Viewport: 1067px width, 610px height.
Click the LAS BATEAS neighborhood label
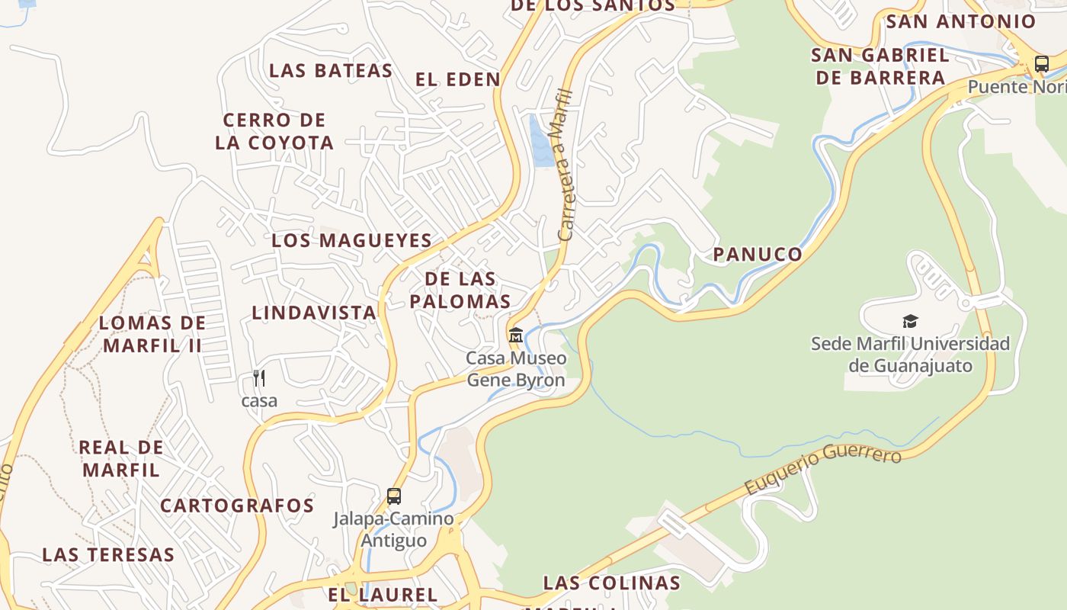[x=331, y=71]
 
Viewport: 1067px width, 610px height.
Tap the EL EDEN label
[x=458, y=79]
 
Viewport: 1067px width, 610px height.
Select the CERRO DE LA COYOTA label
[x=274, y=131]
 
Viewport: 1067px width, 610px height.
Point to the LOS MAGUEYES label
[x=352, y=240]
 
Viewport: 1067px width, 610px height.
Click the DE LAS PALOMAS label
[x=460, y=290]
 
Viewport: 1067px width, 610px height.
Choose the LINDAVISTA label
[x=314, y=312]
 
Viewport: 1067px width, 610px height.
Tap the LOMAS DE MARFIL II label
[x=152, y=334]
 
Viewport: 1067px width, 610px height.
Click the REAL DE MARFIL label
[x=121, y=458]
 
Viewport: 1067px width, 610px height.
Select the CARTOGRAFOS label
[x=237, y=506]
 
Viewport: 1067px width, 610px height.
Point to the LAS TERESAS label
[x=108, y=554]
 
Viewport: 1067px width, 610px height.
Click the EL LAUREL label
[x=383, y=595]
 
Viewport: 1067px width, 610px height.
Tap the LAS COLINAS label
[x=611, y=583]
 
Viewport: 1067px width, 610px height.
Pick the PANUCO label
[x=758, y=255]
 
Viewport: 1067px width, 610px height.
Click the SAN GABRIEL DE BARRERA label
[x=880, y=66]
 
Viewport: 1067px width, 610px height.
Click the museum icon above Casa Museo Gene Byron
[x=516, y=335]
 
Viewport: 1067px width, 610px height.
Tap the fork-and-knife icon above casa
[x=259, y=378]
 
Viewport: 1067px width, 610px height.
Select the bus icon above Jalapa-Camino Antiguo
[x=394, y=496]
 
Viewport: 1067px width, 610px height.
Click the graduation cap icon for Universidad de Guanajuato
[x=910, y=321]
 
